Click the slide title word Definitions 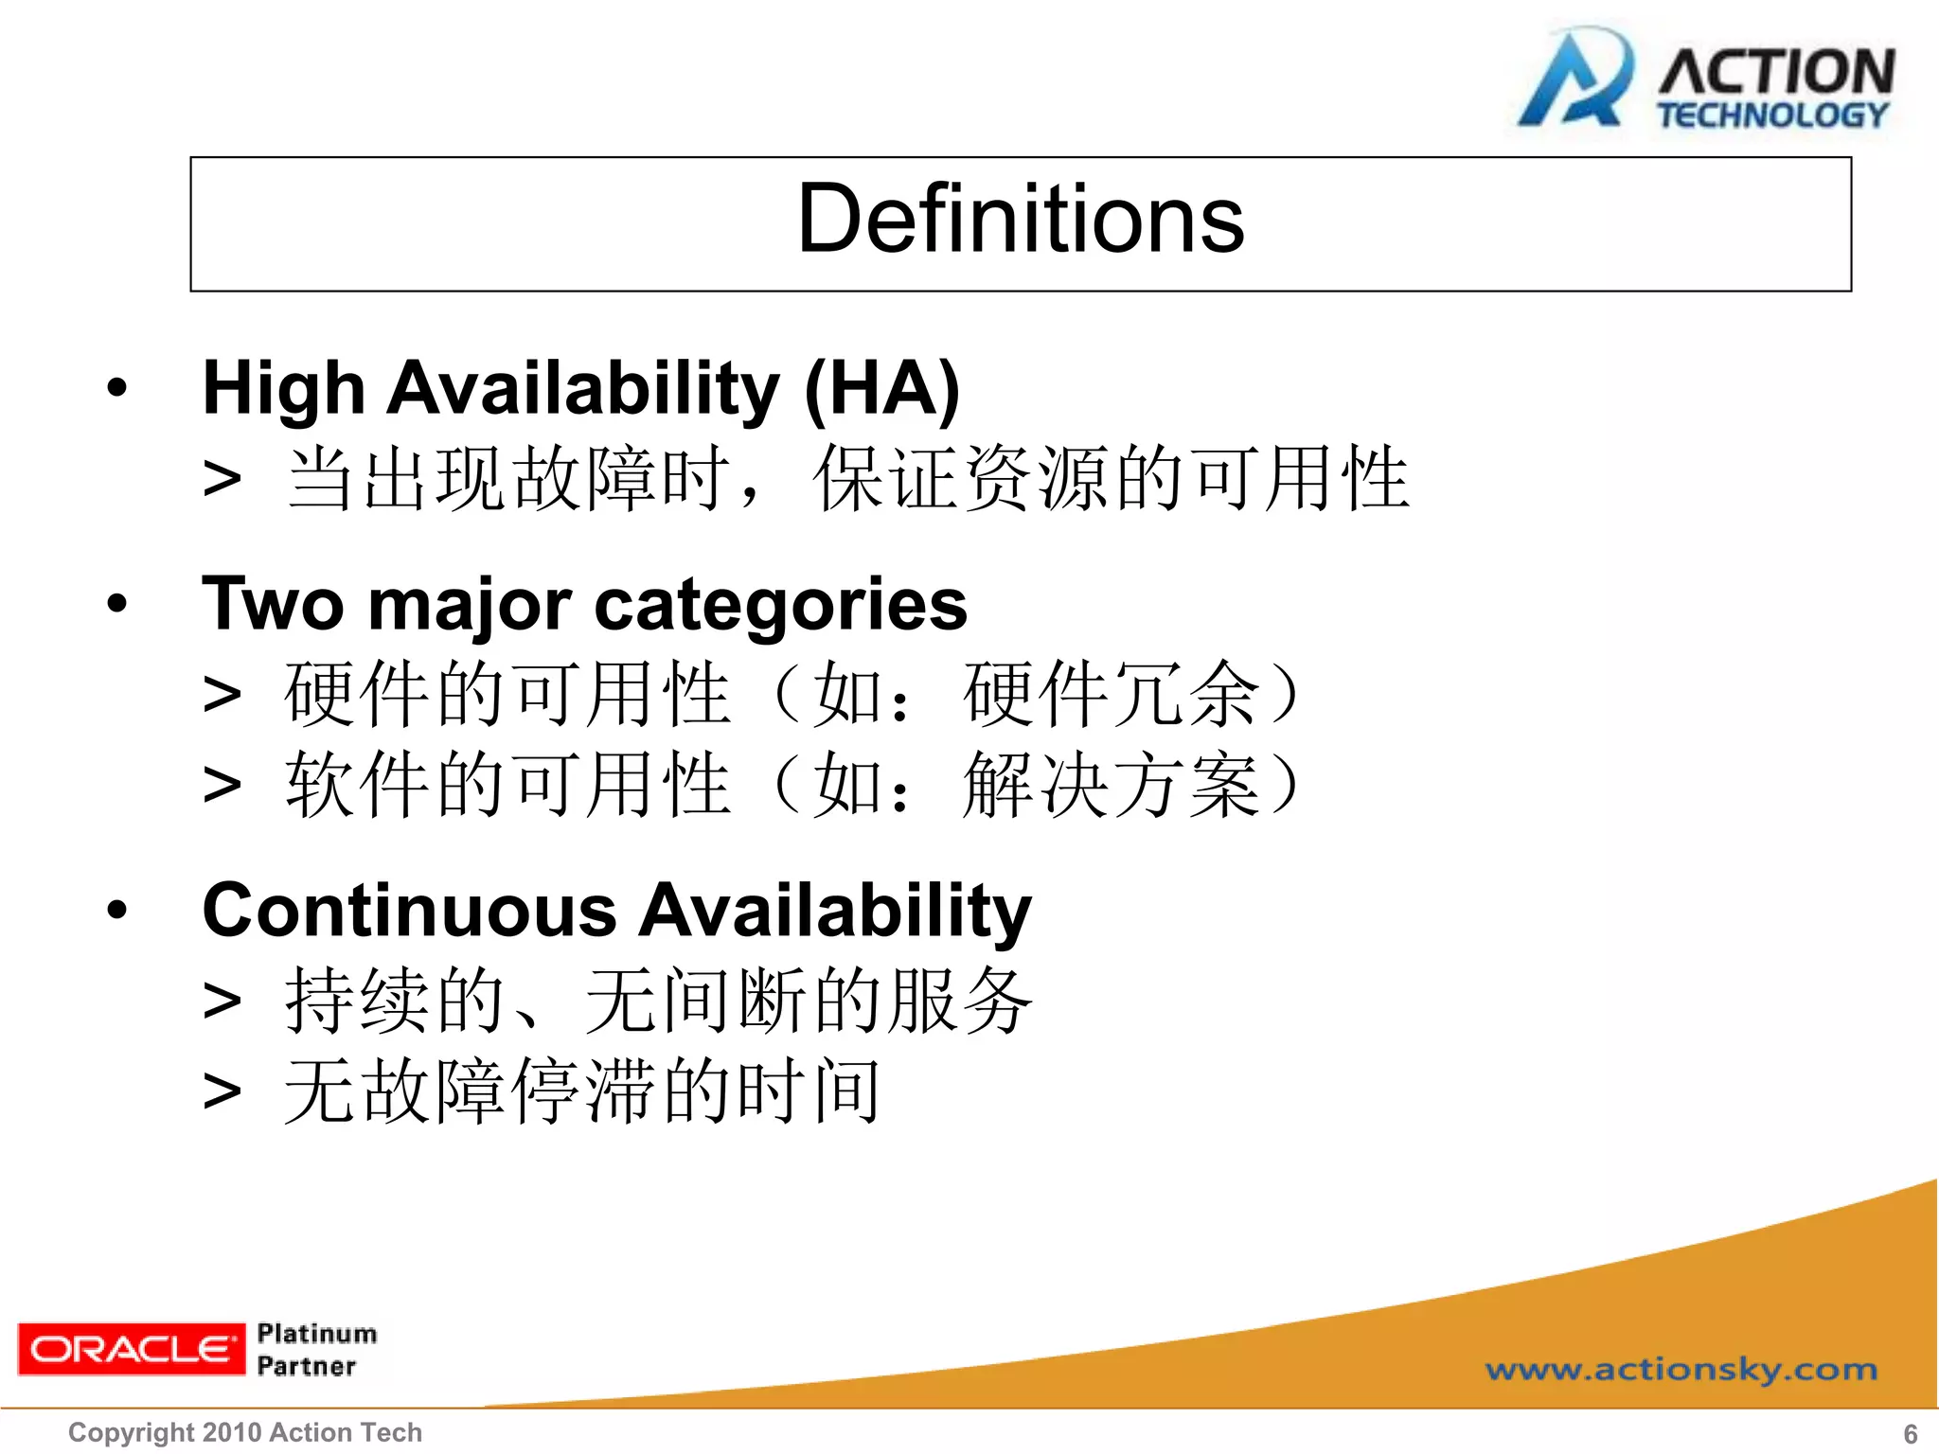click(x=1020, y=220)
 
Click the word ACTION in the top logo click(x=1775, y=72)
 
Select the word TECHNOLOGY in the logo click(x=1771, y=115)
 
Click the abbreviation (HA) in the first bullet click(x=881, y=389)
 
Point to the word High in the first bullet click(x=283, y=389)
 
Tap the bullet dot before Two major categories click(x=116, y=603)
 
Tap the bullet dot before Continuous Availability click(x=116, y=910)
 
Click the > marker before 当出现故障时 click(x=222, y=479)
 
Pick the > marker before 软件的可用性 click(x=222, y=786)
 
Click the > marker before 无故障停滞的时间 click(x=222, y=1092)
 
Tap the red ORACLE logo click(x=131, y=1349)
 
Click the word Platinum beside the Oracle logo click(x=316, y=1333)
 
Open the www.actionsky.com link click(x=1681, y=1369)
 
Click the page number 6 click(x=1910, y=1433)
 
